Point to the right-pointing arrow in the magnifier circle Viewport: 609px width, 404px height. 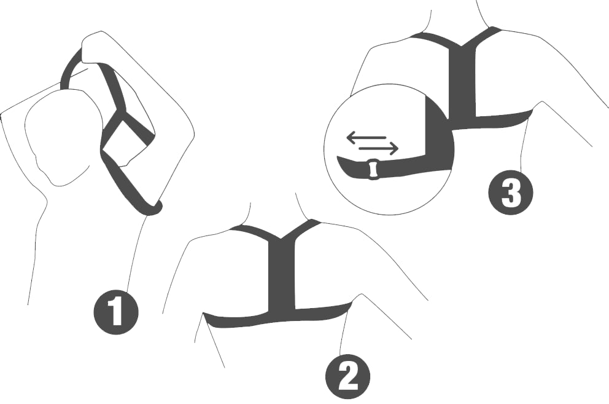[379, 148]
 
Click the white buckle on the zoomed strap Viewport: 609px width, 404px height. [372, 169]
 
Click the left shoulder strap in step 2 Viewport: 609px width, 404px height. [252, 233]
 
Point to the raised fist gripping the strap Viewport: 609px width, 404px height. [98, 48]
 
